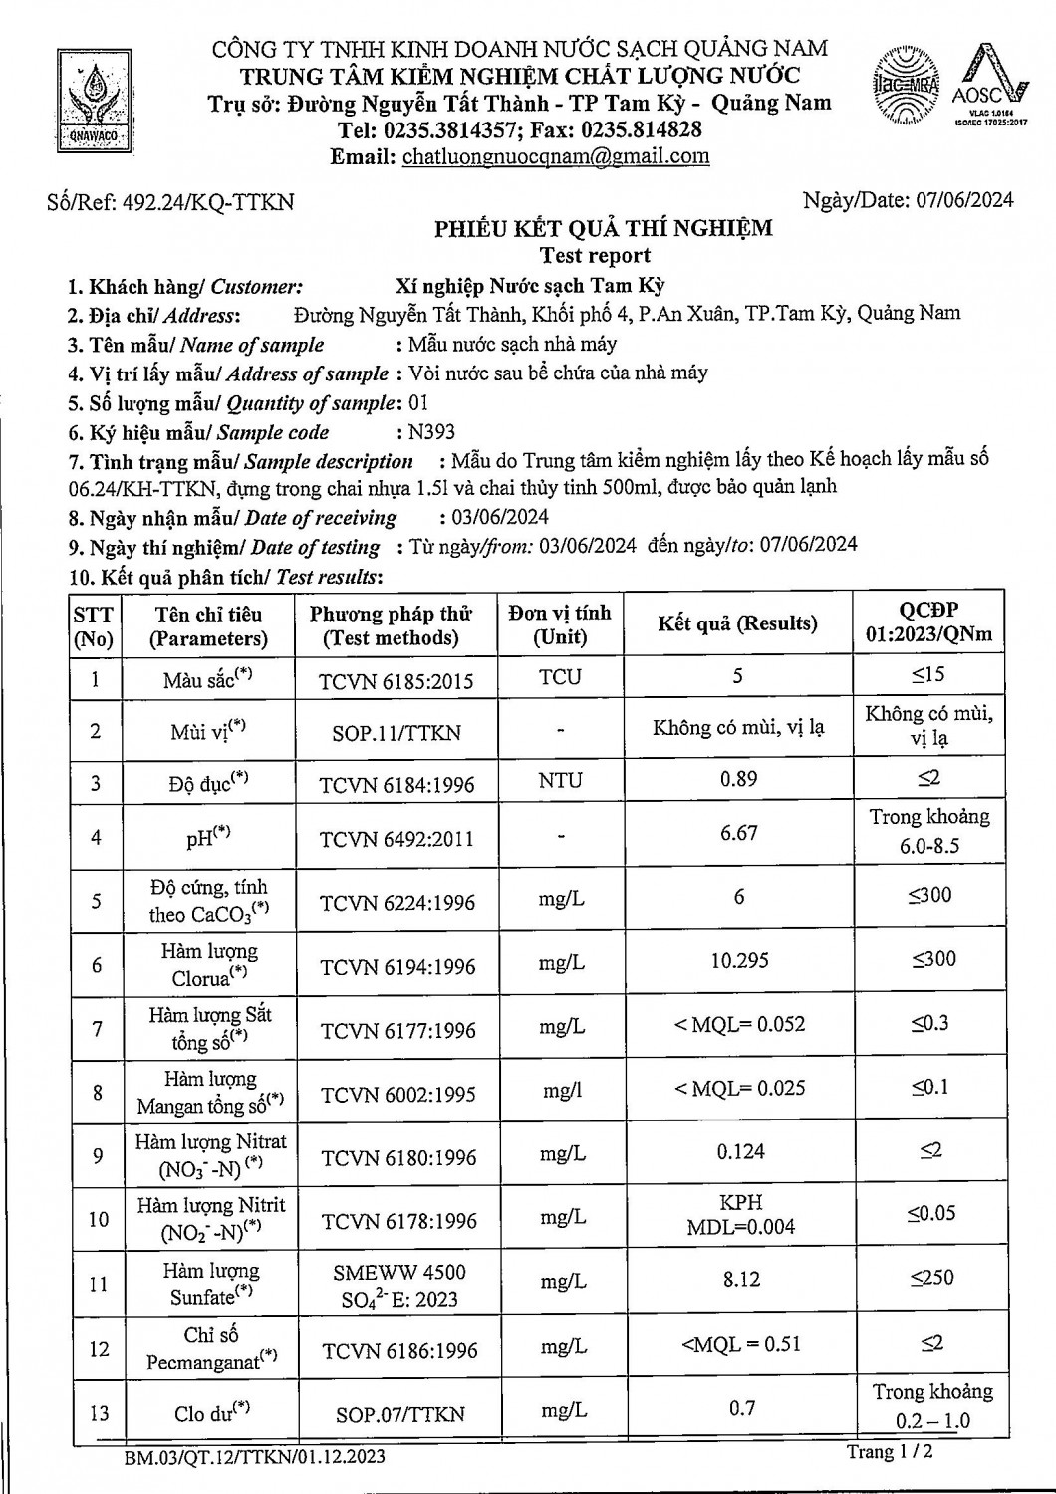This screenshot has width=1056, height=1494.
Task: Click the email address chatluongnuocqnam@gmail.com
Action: pos(556,156)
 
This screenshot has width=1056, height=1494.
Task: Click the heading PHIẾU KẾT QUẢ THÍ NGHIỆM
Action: pos(603,228)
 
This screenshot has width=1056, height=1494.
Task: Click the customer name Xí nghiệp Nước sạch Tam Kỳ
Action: pos(529,286)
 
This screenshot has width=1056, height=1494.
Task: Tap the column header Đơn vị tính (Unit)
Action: pos(559,624)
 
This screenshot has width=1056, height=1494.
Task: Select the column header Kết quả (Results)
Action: pos(737,623)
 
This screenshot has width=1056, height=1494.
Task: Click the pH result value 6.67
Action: pos(738,832)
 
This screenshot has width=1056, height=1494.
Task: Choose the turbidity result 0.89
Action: pos(738,779)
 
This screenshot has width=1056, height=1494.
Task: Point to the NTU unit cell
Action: pos(560,780)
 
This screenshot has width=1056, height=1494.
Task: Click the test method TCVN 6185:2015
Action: pos(396,682)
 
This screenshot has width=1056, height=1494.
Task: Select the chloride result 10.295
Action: pos(739,960)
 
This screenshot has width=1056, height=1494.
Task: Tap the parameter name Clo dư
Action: pos(208,1412)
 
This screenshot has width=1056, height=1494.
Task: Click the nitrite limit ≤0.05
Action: pos(930,1213)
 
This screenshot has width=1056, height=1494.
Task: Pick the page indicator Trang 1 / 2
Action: pos(890,1452)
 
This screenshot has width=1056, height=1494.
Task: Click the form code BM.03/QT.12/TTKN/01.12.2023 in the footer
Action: pos(255,1457)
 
